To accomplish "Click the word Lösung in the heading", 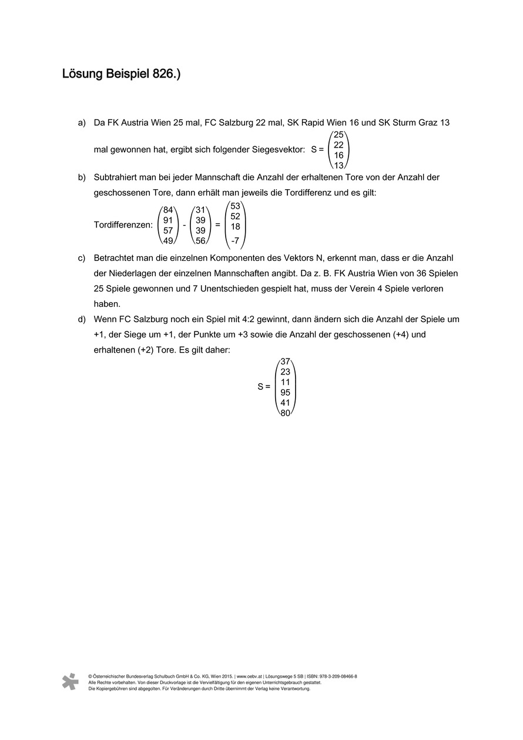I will (x=82, y=75).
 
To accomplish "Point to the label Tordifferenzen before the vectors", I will (x=123, y=225).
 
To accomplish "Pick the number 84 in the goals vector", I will (x=168, y=210).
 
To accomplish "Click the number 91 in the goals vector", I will (x=168, y=220).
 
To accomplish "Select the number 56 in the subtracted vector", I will (x=200, y=241).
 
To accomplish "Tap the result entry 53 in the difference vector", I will (x=235, y=206).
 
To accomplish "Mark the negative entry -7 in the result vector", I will (x=234, y=240).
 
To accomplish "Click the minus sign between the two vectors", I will (x=184, y=225).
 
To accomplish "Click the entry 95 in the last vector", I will (x=285, y=392).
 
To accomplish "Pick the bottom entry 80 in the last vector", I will (x=285, y=413).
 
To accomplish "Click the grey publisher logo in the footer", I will (x=71, y=681).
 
